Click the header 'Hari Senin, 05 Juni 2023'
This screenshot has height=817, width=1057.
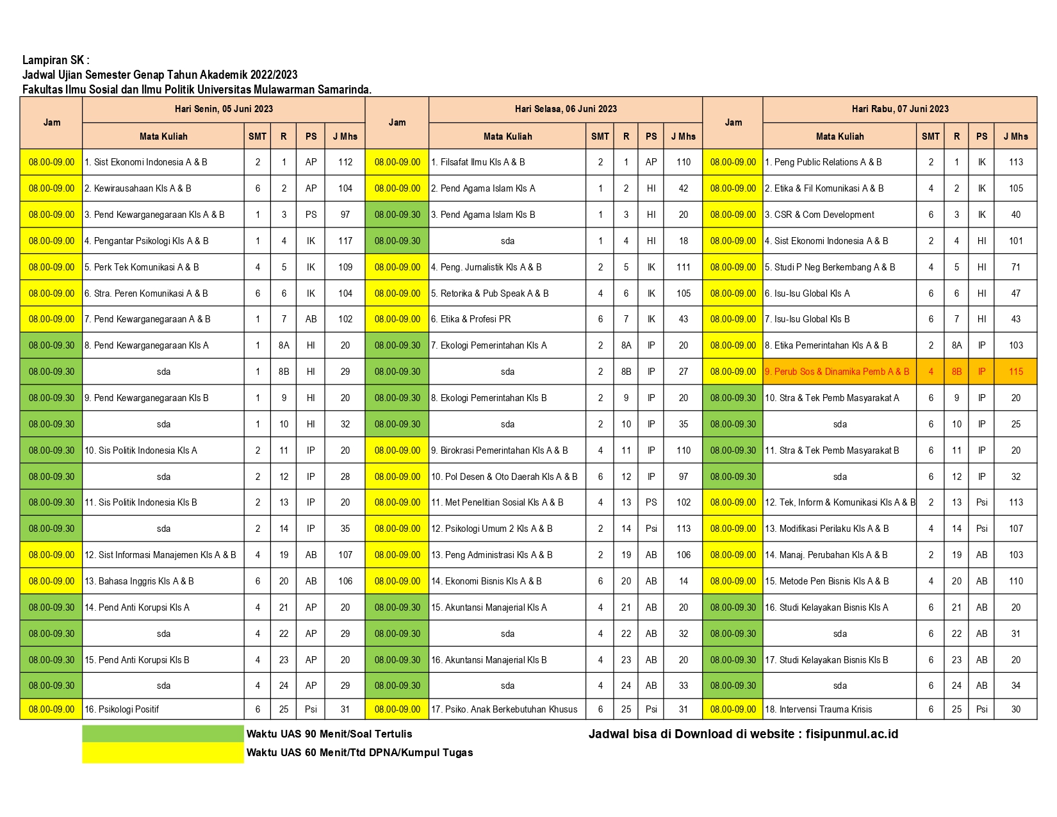pyautogui.click(x=224, y=109)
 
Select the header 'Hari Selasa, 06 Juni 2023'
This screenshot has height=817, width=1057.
pyautogui.click(x=566, y=109)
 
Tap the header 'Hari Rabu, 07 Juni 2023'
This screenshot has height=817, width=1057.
pyautogui.click(x=899, y=109)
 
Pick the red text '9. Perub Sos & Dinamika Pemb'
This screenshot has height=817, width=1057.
pyautogui.click(x=837, y=372)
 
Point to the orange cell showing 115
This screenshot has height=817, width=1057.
pyautogui.click(x=1015, y=372)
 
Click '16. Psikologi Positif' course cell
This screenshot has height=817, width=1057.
pyautogui.click(x=122, y=709)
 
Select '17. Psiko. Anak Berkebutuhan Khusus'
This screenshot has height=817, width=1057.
pyautogui.click(x=504, y=709)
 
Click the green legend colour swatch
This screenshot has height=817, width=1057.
pyautogui.click(x=163, y=734)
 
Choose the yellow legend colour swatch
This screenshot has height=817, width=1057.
pyautogui.click(x=163, y=753)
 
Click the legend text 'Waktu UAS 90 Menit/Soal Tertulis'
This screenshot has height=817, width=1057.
pyautogui.click(x=329, y=734)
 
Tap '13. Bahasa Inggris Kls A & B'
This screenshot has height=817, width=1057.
pyautogui.click(x=139, y=581)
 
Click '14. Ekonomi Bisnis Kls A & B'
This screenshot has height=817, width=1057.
pyautogui.click(x=486, y=581)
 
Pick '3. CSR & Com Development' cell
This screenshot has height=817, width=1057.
pyautogui.click(x=819, y=215)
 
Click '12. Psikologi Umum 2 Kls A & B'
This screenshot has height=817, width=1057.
pyautogui.click(x=491, y=529)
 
